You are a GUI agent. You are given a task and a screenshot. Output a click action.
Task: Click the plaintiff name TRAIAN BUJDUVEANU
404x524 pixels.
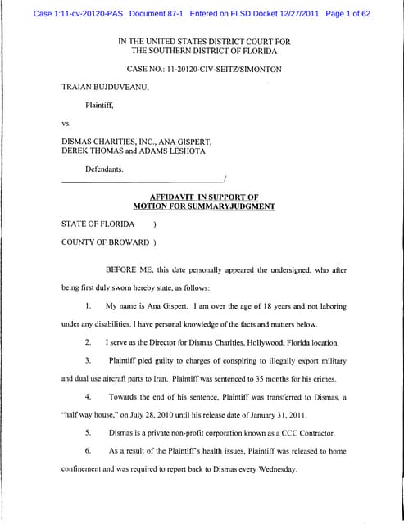tap(107, 86)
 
